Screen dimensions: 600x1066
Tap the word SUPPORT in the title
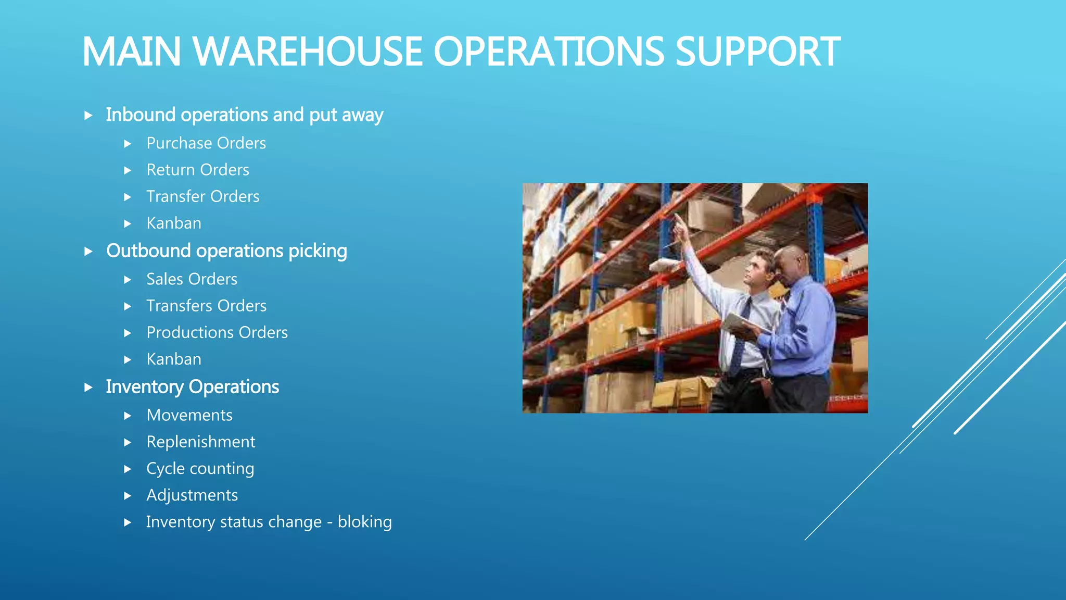pos(757,52)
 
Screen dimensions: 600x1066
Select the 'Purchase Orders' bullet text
pos(206,143)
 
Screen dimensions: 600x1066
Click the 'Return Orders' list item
pos(198,170)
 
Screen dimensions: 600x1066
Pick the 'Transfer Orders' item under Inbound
pos(203,196)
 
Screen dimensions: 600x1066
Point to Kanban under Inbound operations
pos(174,223)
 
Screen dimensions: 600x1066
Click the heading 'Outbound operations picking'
pos(226,251)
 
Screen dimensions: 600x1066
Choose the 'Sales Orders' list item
pos(192,279)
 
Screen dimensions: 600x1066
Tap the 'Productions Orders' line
pos(217,332)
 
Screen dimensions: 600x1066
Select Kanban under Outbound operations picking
pos(174,359)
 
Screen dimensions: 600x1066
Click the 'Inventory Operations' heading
pos(193,387)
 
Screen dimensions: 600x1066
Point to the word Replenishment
pos(201,442)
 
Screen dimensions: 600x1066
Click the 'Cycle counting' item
pos(200,469)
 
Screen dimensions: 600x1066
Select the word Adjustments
pos(192,495)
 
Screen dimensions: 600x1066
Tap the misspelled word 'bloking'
pos(364,522)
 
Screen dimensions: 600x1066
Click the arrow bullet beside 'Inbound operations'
pos(88,115)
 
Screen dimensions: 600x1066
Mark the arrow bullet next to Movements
pos(128,416)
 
